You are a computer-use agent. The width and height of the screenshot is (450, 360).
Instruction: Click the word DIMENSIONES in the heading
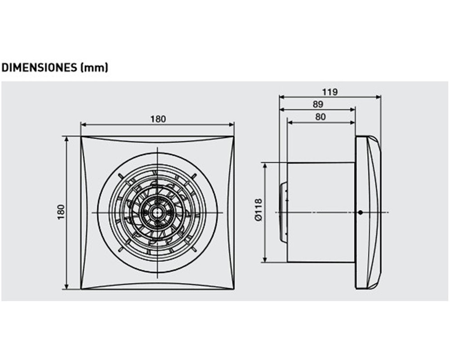click(x=39, y=67)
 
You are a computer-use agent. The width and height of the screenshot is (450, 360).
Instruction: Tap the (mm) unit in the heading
click(x=94, y=68)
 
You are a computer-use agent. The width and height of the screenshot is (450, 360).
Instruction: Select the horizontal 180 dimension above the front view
click(x=158, y=119)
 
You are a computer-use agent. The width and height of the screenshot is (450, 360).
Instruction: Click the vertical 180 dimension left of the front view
click(x=61, y=212)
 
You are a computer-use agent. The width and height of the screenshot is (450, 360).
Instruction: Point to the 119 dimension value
click(x=330, y=92)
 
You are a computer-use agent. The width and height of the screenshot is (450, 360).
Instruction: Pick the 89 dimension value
click(x=318, y=104)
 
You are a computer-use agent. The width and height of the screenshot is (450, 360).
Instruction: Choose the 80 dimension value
click(x=320, y=117)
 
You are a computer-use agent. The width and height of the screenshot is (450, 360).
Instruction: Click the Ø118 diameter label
click(x=258, y=210)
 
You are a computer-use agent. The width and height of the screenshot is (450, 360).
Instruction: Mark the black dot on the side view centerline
click(x=360, y=212)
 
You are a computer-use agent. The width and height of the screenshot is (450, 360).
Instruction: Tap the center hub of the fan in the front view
click(x=157, y=213)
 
